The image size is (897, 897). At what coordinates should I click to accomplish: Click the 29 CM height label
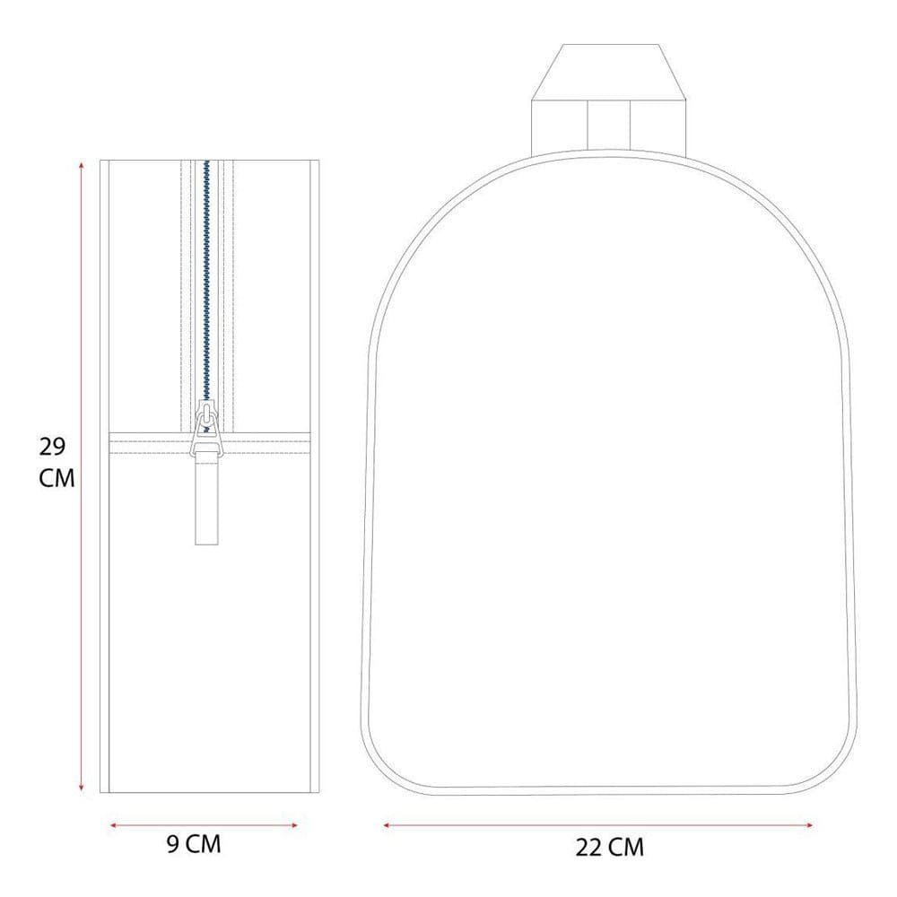57,462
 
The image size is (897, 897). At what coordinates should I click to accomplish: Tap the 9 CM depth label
194,844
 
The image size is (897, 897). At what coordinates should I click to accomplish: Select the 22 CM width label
609,848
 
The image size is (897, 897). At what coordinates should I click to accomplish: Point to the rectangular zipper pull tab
206,500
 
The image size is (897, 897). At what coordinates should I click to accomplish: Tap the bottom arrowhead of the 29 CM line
82,788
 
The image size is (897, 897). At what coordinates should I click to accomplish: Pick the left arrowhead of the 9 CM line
113,825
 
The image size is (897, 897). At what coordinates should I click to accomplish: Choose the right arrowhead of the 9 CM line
294,825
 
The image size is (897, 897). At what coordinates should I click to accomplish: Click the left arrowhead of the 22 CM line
388,825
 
